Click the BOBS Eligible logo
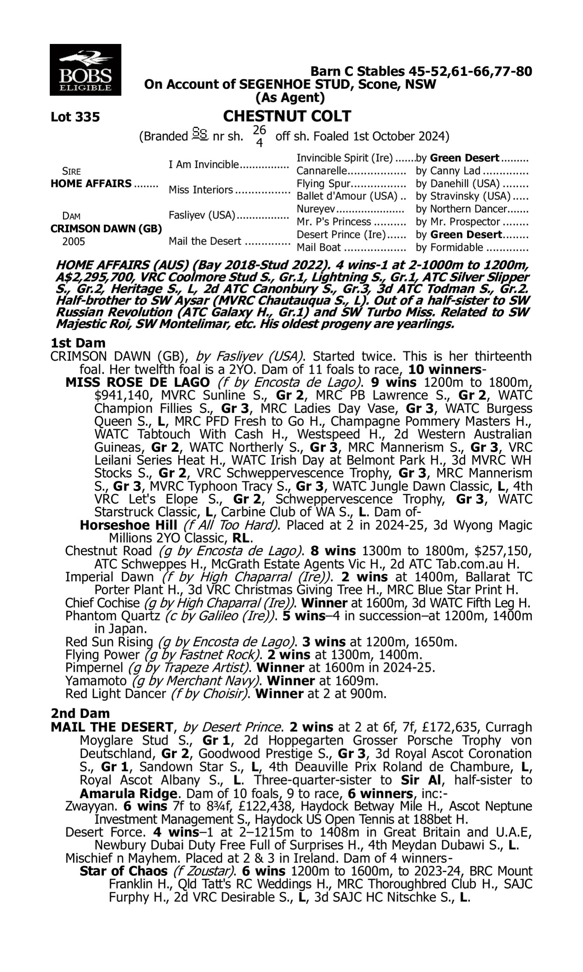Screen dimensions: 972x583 (85, 70)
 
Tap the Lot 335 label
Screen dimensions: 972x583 (75, 117)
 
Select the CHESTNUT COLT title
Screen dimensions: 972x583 (287, 116)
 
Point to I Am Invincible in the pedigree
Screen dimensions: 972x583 (204, 164)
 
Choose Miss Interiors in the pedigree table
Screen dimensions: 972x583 (201, 190)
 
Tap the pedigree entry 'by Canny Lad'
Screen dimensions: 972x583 (448, 171)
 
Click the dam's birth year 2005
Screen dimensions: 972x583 (73, 241)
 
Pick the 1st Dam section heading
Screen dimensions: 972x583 (78, 343)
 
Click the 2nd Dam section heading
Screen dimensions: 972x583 (80, 713)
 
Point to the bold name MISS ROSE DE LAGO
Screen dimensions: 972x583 (138, 382)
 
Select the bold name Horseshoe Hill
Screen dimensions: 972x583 (128, 525)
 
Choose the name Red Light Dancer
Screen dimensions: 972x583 (115, 694)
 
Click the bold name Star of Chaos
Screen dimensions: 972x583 (123, 871)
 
